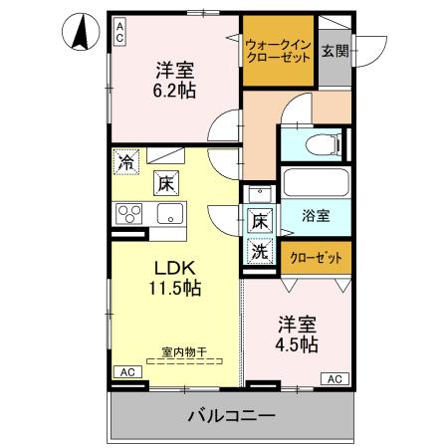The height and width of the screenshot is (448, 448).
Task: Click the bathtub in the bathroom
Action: point(316,182)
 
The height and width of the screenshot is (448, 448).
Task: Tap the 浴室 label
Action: point(318,214)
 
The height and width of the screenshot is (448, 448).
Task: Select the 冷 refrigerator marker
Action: point(126,159)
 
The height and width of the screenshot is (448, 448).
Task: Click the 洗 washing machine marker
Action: point(259,252)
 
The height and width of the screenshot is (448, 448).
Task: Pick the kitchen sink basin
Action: point(167,212)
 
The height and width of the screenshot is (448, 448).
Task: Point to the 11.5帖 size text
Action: point(175,290)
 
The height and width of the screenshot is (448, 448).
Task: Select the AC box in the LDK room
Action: point(126,372)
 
